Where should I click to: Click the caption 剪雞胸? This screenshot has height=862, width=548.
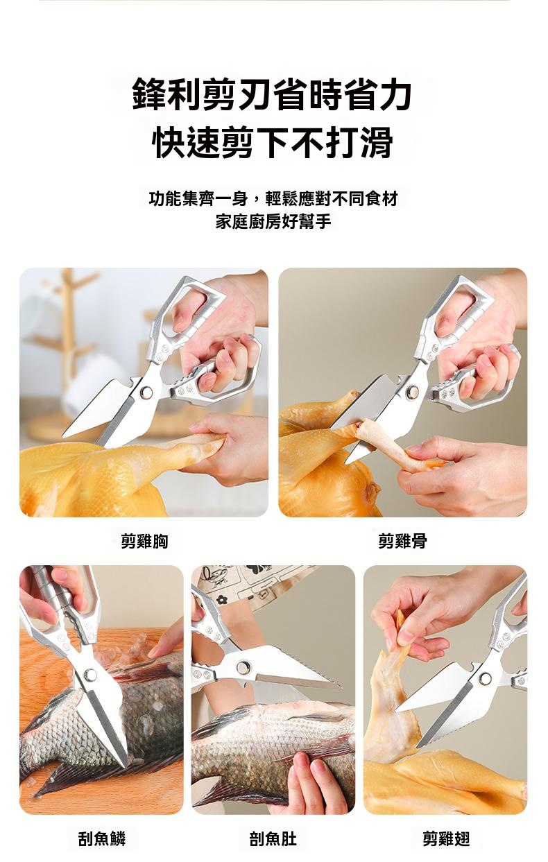coord(144,542)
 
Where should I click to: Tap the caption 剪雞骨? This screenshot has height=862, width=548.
coord(402,542)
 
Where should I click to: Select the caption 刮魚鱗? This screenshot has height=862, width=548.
coord(101,836)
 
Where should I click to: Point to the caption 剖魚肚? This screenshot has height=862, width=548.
coord(273,836)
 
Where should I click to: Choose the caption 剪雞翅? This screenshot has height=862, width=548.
coord(446,836)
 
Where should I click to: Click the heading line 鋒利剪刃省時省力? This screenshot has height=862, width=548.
coord(272,94)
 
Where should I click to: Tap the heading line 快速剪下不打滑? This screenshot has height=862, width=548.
coord(273,142)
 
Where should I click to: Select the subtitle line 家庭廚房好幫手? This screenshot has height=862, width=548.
coord(273,222)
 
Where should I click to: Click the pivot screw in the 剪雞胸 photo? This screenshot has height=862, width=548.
coord(146,392)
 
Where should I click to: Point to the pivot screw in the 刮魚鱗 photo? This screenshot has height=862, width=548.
coord(91,674)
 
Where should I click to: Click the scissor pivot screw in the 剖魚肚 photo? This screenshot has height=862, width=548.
coord(243,667)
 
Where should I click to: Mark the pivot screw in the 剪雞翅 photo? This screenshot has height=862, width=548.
coord(486,678)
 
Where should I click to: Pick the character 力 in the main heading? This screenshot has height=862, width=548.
coord(395,94)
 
